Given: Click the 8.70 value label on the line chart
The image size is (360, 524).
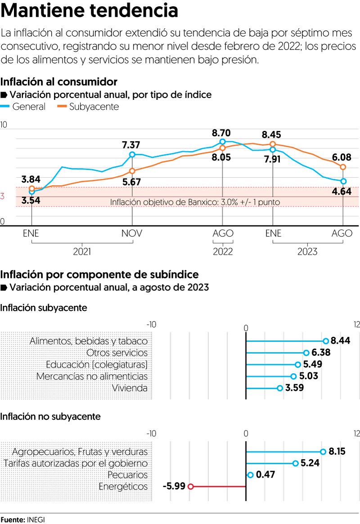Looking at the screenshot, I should point(221,133).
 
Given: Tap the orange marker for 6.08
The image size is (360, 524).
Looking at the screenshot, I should point(343,167).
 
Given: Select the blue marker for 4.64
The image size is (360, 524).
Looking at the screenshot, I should point(343,181).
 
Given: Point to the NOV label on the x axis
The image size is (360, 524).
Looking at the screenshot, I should point(132,233).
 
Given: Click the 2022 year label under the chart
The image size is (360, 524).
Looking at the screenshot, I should point(223,251).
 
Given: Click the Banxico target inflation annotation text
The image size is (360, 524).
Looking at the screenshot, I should point(195,202).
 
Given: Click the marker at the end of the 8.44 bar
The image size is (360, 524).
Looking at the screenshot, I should point(326,341).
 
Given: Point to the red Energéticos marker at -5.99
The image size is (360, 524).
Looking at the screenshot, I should point(190,486).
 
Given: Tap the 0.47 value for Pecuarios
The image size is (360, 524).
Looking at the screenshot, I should point(265,475).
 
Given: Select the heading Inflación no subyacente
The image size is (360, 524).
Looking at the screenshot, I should point(50,417).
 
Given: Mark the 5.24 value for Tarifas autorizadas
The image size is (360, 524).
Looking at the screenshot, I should point(310,463).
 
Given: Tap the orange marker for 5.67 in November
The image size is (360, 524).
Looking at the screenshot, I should point(132,171).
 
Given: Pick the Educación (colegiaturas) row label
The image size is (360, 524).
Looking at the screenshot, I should point(97,364).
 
